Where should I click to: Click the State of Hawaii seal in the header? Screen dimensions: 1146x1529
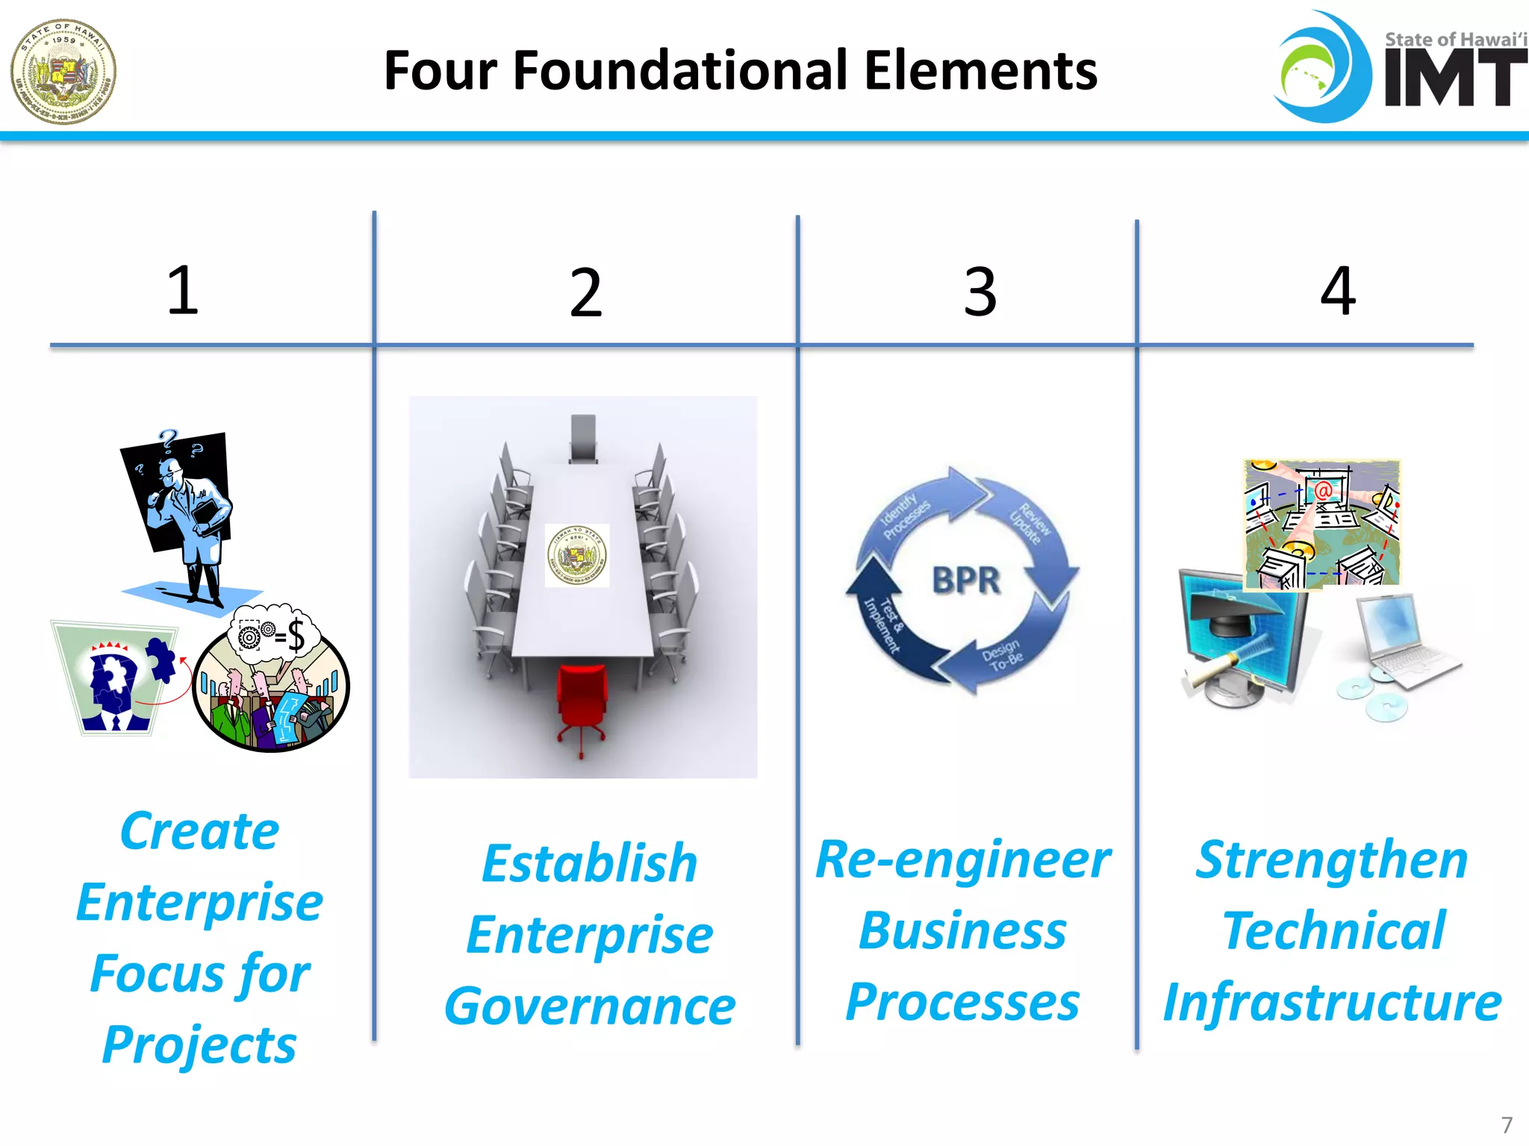[x=63, y=72]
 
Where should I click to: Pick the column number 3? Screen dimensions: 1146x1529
[x=980, y=292]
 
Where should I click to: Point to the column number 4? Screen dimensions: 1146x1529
[x=1337, y=290]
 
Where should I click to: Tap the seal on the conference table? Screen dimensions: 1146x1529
[x=577, y=555]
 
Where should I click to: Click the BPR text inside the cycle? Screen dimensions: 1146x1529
[x=966, y=580]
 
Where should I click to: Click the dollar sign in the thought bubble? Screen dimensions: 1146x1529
[x=296, y=636]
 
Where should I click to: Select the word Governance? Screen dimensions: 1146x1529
[x=590, y=1006]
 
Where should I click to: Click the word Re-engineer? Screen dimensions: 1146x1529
[x=963, y=859]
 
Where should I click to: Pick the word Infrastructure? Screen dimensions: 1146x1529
[x=1332, y=1002]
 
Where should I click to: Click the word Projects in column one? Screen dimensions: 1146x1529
[x=199, y=1045]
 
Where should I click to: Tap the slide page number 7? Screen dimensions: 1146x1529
[x=1507, y=1124]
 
